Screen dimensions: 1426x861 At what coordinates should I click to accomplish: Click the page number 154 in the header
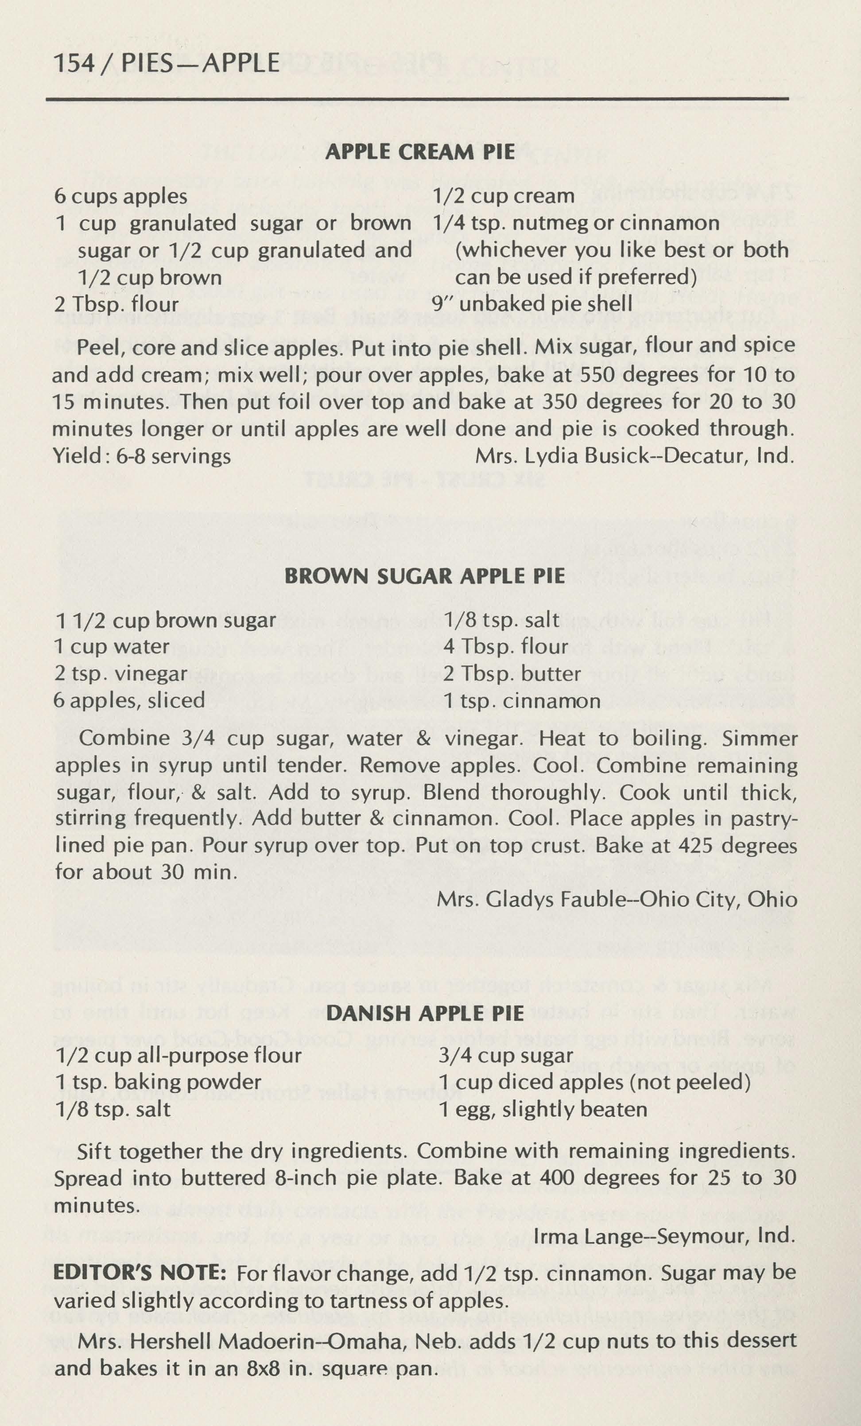point(73,63)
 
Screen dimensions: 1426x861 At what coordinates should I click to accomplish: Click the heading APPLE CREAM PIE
point(420,152)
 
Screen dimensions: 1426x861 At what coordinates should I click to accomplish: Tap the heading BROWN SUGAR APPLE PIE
point(424,576)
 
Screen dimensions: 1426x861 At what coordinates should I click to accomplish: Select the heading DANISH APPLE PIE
point(425,1013)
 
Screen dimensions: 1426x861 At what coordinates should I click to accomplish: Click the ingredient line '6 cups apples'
point(120,196)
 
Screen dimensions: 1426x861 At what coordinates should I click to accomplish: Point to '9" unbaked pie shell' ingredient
point(532,304)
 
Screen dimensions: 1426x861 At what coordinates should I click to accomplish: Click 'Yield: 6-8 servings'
point(142,456)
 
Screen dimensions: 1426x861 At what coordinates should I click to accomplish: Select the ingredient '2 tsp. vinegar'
point(120,674)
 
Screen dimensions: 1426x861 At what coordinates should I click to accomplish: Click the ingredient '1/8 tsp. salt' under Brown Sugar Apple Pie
point(502,620)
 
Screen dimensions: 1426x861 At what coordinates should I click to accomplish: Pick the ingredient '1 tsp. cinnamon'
point(522,701)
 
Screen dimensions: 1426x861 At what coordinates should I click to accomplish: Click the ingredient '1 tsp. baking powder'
point(158,1082)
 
